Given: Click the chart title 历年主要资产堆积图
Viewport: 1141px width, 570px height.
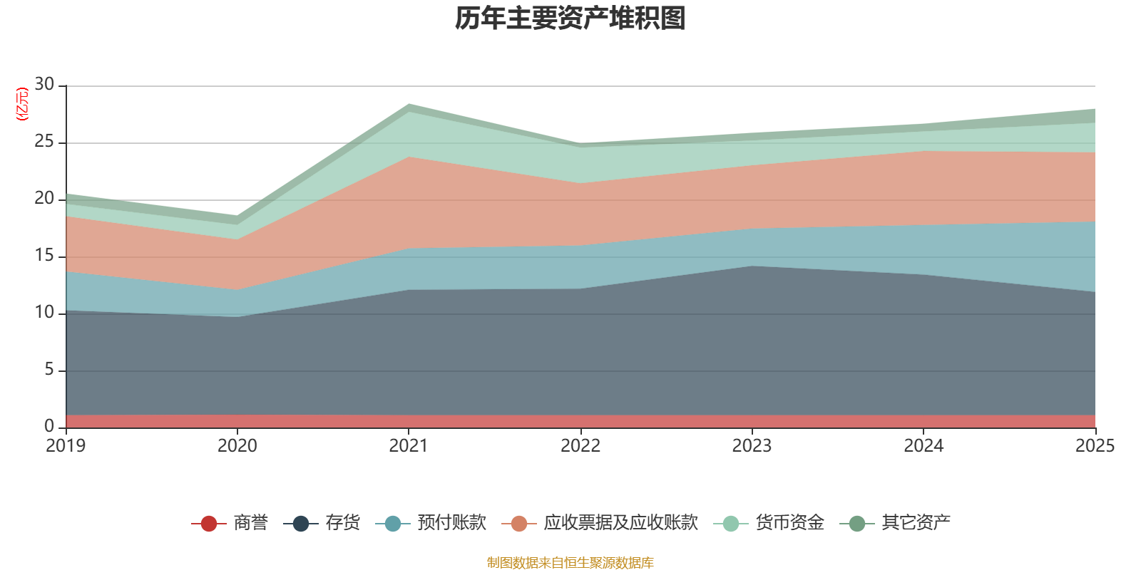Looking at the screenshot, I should click(x=570, y=19).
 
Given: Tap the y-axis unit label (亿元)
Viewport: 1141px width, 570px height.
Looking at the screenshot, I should click(x=21, y=104).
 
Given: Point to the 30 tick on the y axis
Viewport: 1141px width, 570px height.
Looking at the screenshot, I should click(x=44, y=85).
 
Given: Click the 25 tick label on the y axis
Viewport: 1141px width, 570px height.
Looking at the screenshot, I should click(x=44, y=142).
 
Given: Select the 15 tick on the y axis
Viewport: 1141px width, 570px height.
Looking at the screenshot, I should click(x=44, y=256).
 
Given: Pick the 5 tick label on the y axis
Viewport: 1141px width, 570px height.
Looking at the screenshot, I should click(x=48, y=370).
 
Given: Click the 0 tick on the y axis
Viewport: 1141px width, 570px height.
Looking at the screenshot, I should click(x=48, y=427).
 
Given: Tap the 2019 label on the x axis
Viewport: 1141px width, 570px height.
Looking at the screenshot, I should click(x=66, y=446).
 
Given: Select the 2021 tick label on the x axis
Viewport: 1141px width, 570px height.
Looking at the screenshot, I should click(x=408, y=446).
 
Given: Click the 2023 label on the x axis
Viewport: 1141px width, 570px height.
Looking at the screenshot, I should click(x=752, y=446).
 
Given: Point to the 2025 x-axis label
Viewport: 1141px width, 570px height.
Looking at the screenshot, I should click(x=1095, y=446).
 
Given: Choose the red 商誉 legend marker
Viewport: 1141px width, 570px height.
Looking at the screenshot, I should click(x=209, y=524).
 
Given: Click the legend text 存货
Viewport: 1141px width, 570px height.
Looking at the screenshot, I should click(x=342, y=523).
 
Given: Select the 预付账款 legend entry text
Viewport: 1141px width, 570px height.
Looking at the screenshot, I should click(x=451, y=523).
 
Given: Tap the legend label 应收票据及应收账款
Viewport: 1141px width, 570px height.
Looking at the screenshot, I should click(x=620, y=523).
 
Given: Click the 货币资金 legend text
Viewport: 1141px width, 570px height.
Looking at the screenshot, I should click(x=789, y=523).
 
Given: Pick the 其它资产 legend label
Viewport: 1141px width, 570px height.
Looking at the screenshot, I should click(x=916, y=523).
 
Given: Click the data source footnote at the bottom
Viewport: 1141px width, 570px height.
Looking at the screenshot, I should click(x=570, y=563).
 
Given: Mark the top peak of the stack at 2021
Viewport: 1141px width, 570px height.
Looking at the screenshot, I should click(x=409, y=104).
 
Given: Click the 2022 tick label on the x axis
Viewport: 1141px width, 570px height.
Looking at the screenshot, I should click(x=580, y=446).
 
